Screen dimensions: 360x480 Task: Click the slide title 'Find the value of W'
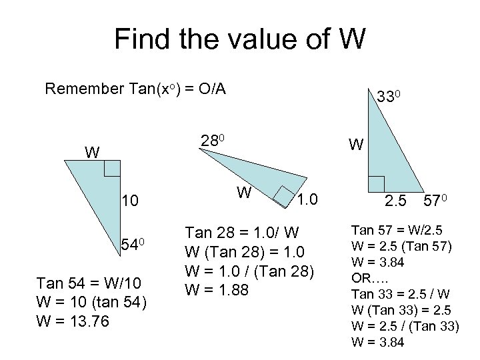[240, 39]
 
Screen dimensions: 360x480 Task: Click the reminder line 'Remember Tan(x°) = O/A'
[135, 89]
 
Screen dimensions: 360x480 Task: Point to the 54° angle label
[133, 245]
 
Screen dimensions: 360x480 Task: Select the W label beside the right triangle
[356, 144]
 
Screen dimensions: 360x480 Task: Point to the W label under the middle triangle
[245, 193]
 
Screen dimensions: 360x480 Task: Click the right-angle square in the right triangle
[376, 184]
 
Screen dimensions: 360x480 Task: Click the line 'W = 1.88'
[217, 290]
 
